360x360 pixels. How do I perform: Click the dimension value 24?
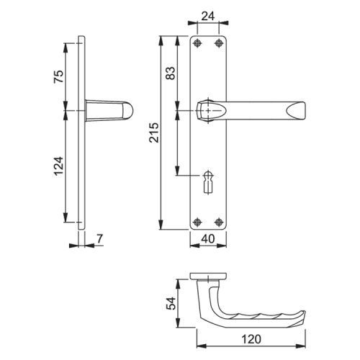(x=208, y=17)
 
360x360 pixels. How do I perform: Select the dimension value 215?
(x=154, y=132)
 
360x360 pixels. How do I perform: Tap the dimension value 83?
(x=171, y=73)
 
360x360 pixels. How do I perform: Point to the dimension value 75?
(x=59, y=76)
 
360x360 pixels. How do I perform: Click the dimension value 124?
(x=59, y=166)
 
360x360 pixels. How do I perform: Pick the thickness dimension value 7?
(x=99, y=238)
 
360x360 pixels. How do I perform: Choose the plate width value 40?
(x=208, y=239)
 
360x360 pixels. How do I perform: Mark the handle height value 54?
(x=171, y=303)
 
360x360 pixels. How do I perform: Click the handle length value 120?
(x=251, y=339)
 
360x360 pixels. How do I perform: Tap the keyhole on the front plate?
(x=208, y=181)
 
